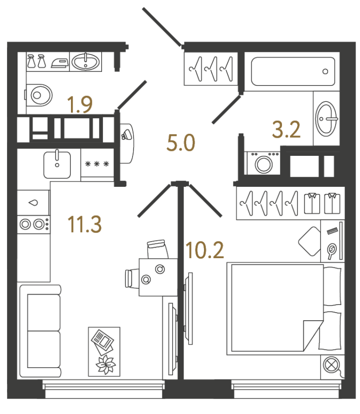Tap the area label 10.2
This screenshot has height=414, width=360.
point(204,250)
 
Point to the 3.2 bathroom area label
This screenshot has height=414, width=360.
point(286,129)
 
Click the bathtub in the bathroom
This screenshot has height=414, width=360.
point(292,72)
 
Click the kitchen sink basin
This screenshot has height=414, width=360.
point(56,164)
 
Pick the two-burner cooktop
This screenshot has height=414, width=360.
point(33,224)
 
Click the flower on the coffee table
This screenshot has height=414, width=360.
point(105,365)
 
